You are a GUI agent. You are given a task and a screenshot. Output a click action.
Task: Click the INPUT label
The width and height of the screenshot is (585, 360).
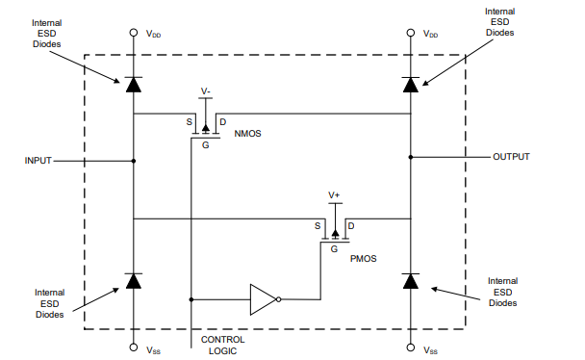pyautogui.click(x=38, y=161)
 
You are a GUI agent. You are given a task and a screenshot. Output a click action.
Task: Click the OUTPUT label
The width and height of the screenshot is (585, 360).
pyautogui.click(x=510, y=155)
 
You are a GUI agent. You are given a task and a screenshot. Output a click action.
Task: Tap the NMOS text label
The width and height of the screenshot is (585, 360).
pyautogui.click(x=248, y=134)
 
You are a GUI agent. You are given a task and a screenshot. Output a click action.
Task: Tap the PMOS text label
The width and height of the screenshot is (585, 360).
pyautogui.click(x=364, y=260)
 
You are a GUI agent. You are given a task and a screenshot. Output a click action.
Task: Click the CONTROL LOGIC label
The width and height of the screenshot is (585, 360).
pyautogui.click(x=222, y=346)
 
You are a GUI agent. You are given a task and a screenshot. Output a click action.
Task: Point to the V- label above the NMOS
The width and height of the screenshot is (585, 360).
pyautogui.click(x=206, y=91)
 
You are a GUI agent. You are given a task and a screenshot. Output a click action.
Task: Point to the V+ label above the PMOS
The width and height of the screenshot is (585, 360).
pyautogui.click(x=335, y=195)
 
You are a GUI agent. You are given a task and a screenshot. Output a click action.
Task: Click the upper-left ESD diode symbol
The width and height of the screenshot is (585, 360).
pyautogui.click(x=134, y=84)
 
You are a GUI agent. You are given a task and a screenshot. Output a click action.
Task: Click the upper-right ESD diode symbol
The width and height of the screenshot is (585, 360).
pyautogui.click(x=411, y=84)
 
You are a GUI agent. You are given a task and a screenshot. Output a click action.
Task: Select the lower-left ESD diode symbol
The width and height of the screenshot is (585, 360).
pyautogui.click(x=134, y=281)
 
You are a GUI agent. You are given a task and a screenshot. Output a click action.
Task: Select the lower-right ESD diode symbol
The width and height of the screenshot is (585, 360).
pyautogui.click(x=411, y=281)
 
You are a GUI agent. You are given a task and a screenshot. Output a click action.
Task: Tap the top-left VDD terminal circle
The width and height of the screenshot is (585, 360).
pyautogui.click(x=134, y=32)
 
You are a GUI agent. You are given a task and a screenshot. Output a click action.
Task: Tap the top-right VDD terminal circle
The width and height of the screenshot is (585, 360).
pyautogui.click(x=411, y=32)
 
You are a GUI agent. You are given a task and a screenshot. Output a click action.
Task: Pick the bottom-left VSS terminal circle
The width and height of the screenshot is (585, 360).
pyautogui.click(x=134, y=347)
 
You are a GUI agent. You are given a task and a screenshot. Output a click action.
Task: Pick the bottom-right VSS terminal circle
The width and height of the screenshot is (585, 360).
pyautogui.click(x=411, y=347)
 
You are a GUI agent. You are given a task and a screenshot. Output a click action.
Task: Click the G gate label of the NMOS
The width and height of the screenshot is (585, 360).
pyautogui.click(x=205, y=145)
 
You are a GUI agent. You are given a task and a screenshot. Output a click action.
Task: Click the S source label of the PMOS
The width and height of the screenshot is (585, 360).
pyautogui.click(x=318, y=226)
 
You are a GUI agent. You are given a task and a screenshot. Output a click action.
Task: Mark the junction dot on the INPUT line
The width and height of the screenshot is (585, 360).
pyautogui.click(x=134, y=161)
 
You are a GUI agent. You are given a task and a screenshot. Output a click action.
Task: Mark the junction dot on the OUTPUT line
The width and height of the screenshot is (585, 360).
pyautogui.click(x=411, y=155)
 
